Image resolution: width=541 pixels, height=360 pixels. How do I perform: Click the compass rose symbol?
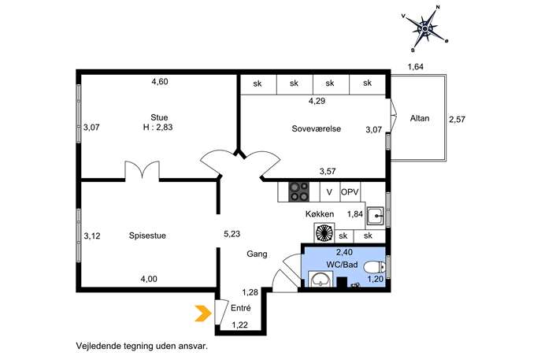point(425,28)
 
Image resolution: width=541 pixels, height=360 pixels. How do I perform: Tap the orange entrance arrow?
point(203,314)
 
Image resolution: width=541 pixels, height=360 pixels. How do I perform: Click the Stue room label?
point(159,117)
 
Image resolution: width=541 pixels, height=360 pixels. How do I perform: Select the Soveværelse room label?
point(317,128)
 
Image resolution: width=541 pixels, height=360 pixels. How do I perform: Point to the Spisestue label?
point(147,236)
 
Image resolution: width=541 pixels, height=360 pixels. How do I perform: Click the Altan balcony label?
point(420,118)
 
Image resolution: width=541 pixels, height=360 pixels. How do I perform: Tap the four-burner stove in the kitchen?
point(298,192)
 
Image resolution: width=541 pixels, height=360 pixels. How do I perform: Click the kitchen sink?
point(376,216)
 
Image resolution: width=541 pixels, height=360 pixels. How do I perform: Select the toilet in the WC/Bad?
point(375,267)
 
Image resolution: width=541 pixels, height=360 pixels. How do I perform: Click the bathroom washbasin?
point(321,279)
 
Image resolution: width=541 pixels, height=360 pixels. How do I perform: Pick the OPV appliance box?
point(350,192)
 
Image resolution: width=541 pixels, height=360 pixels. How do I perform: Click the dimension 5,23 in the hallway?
point(232,234)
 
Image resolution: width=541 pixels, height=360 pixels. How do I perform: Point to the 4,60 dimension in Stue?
point(160,82)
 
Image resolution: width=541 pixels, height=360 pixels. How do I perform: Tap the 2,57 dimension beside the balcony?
point(458,120)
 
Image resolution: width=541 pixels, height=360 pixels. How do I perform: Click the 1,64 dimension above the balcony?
point(416,67)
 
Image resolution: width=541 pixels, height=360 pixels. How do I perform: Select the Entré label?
point(241,308)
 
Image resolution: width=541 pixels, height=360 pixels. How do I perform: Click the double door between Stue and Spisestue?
point(143,170)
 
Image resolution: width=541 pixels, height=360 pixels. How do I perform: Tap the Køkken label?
point(320,214)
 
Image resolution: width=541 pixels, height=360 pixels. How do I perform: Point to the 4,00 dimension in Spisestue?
point(149,279)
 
